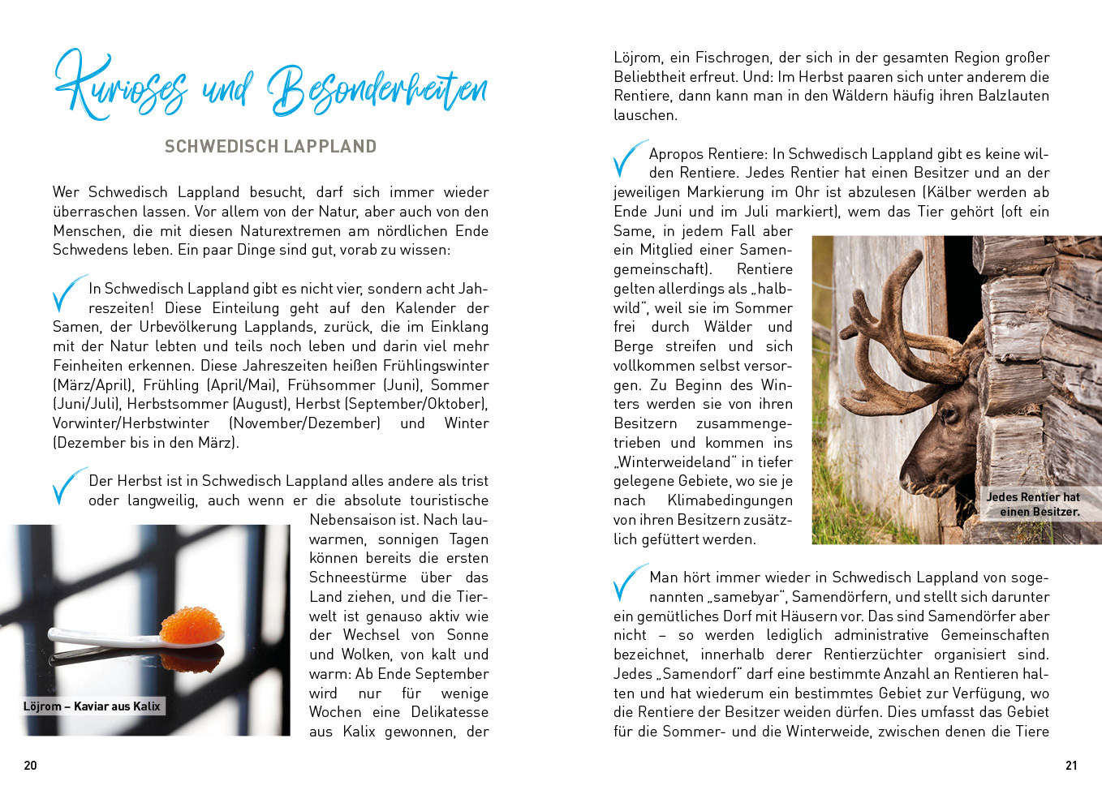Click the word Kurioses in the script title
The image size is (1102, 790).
(122, 88)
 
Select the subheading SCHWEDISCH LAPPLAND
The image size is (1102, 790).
(270, 147)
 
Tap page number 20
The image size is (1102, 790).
(31, 765)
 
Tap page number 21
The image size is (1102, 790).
(1071, 765)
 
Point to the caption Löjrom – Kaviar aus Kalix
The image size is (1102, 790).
(92, 706)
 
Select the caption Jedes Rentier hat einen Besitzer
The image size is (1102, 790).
(1033, 504)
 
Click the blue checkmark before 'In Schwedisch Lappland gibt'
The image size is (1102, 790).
(67, 294)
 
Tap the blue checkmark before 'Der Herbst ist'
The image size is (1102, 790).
(67, 486)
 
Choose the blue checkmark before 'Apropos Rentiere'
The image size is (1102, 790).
(629, 159)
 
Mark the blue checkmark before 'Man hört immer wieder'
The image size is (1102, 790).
(629, 582)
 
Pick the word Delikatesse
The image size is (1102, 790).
(450, 712)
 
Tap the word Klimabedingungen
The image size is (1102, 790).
(730, 500)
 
